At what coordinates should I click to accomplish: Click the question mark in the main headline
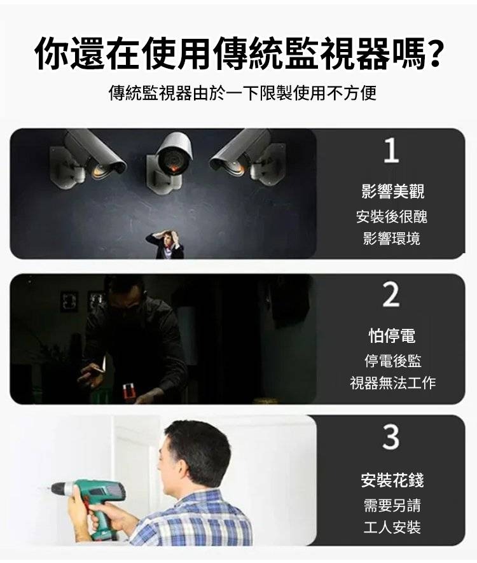434,54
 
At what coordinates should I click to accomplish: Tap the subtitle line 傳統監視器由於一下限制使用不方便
242,93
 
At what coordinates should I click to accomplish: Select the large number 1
391,150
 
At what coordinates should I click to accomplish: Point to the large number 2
391,295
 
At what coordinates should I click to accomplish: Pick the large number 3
391,436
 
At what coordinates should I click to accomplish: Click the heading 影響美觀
392,191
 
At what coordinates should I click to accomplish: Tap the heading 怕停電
392,336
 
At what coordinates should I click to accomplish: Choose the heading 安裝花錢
392,480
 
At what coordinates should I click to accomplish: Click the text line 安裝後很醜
392,216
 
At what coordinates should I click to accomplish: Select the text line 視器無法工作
392,383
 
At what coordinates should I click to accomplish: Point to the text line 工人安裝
392,527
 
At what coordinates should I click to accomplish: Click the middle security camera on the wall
170,161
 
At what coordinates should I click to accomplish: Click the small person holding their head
165,244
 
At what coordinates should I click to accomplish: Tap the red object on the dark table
128,391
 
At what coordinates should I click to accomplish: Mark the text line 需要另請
392,505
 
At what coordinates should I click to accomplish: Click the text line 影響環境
392,238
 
